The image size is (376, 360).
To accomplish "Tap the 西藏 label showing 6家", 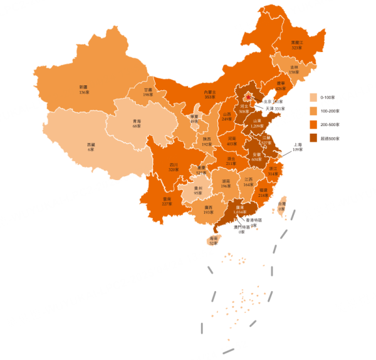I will pyautogui.click(x=91, y=147).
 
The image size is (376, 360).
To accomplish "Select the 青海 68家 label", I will pyautogui.click(x=136, y=124).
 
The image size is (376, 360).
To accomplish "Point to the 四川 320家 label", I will pyautogui.click(x=173, y=167).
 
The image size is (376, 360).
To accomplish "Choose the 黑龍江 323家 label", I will pyautogui.click(x=296, y=45).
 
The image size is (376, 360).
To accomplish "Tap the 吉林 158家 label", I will pyautogui.click(x=294, y=69).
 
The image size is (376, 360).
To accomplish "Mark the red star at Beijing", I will pyautogui.click(x=249, y=96).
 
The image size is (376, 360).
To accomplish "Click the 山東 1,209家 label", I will pyautogui.click(x=256, y=123).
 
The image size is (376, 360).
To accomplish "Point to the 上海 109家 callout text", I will pyautogui.click(x=298, y=147).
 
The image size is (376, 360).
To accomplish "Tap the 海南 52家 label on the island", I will pyautogui.click(x=214, y=241).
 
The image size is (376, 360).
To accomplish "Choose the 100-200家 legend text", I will pyautogui.click(x=330, y=111).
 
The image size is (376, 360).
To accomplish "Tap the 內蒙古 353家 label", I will pyautogui.click(x=210, y=95).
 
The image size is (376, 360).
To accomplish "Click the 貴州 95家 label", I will pyautogui.click(x=198, y=190).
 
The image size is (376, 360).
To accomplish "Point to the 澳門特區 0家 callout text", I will pyautogui.click(x=242, y=229).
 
